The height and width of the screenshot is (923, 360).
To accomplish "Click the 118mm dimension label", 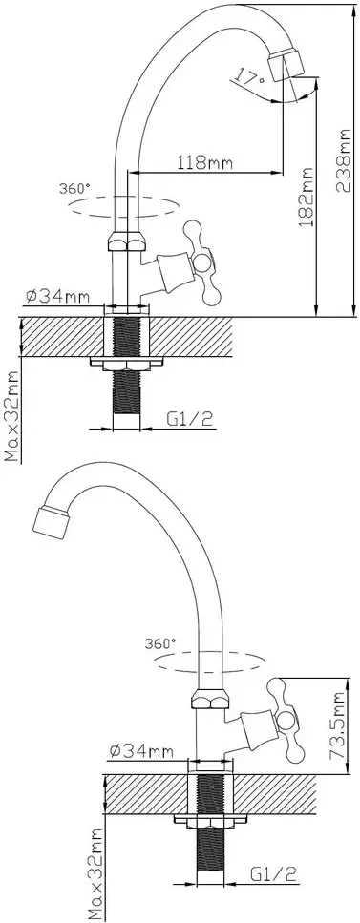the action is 205,161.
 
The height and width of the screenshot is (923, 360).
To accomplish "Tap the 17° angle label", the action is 246,76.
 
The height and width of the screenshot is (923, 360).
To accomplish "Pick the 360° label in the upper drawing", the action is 74,189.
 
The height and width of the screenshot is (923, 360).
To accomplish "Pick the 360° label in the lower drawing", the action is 160,642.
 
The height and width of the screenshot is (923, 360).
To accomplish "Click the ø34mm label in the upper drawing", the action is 57,297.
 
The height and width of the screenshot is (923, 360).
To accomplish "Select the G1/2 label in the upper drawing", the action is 190,419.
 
